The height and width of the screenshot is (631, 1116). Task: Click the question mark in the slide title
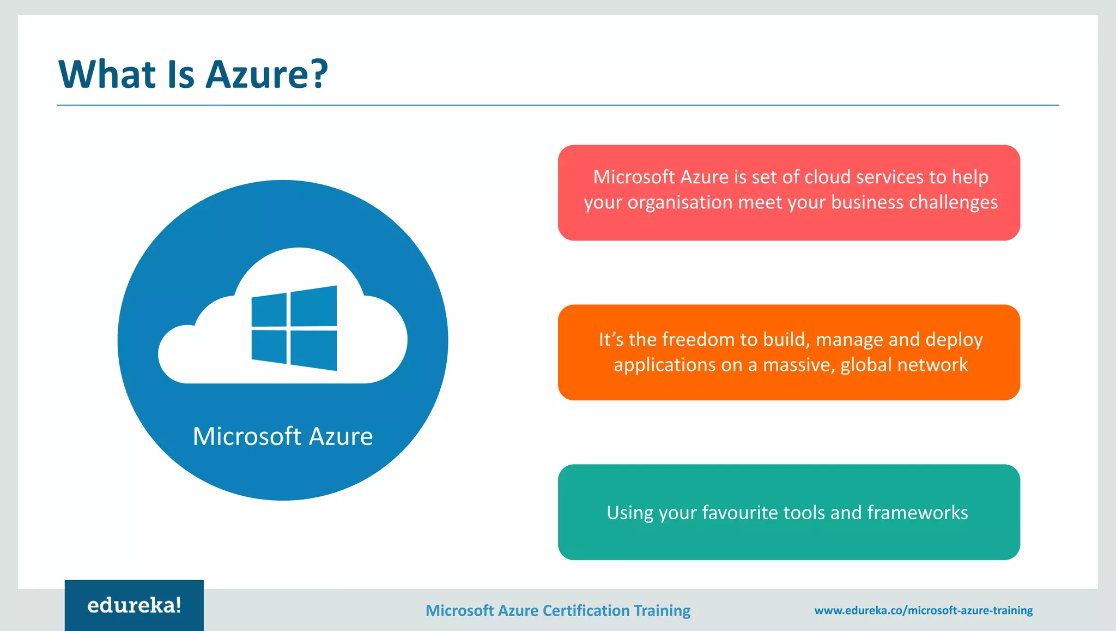coord(317,74)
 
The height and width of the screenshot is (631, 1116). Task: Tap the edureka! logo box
coord(134,605)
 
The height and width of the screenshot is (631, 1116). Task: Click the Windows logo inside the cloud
coord(294,328)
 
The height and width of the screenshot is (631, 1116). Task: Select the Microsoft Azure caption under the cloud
coord(282,436)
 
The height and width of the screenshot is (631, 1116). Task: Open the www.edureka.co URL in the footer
coord(923,610)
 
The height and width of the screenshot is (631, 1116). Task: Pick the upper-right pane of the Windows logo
coord(313,306)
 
